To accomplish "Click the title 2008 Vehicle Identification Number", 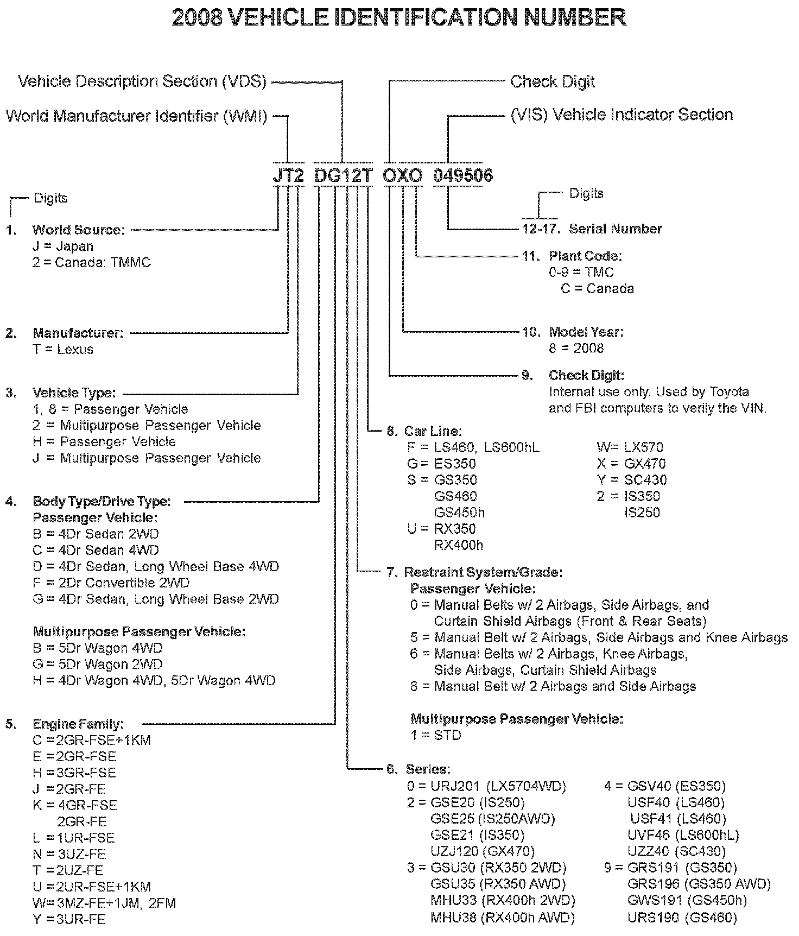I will [x=399, y=17].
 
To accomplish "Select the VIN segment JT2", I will [x=288, y=175].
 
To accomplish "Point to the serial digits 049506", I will [x=462, y=175].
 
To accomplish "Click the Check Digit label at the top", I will [x=552, y=82].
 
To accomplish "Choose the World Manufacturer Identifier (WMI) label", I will [x=136, y=116].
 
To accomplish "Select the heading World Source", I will [x=78, y=230].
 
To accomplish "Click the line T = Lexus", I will [x=62, y=350].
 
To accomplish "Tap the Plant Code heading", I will [x=585, y=256].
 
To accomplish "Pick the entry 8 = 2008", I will [x=576, y=348].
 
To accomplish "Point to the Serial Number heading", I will [x=615, y=229].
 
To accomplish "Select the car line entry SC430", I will [x=631, y=480].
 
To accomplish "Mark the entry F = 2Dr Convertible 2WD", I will [x=111, y=583].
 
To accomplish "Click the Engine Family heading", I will [x=78, y=724].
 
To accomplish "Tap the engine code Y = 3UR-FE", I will [x=69, y=919].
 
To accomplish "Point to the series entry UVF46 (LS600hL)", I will [x=683, y=835].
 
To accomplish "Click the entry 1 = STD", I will [x=435, y=735].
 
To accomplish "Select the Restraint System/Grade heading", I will [x=483, y=572].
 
